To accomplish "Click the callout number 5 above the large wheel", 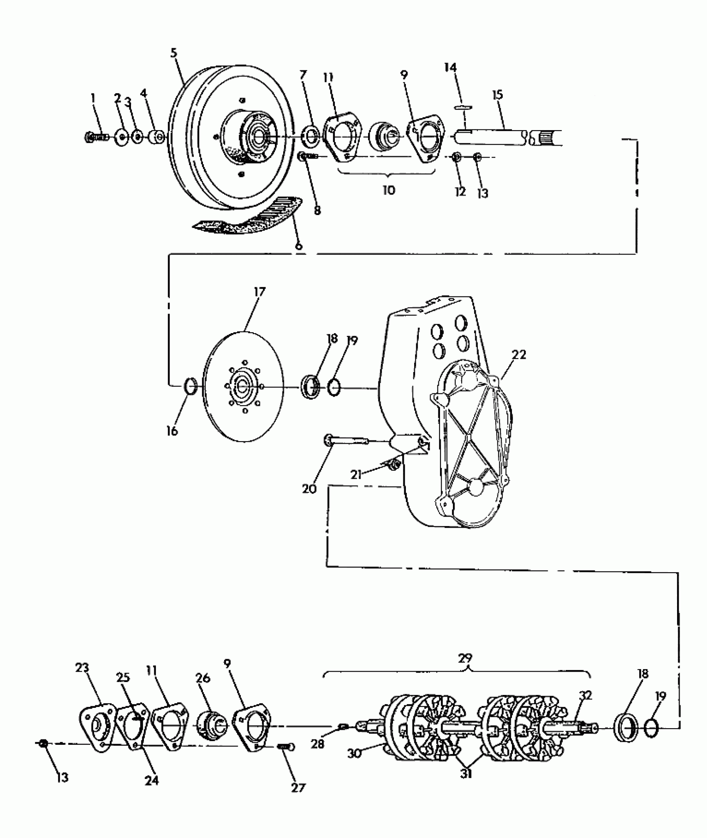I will pos(174,53).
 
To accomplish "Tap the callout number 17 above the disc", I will pos(259,292).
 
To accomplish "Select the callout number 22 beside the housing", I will pos(519,354).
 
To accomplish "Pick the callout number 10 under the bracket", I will pos(388,190).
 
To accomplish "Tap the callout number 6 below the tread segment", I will pos(298,246).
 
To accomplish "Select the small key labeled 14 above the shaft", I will pos(463,107).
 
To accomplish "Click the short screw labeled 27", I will pos(286,747).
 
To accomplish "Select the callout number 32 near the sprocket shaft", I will pos(586,695).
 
